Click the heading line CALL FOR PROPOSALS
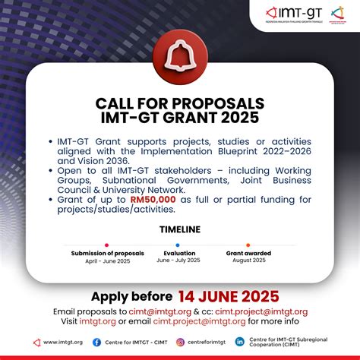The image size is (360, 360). point(180,103)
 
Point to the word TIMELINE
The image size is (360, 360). point(180,229)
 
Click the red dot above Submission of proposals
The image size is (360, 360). point(106,245)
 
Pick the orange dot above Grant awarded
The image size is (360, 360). point(248,245)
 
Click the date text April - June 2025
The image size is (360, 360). point(106,261)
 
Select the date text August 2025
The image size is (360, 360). point(248,261)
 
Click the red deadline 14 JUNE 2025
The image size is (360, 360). point(229,296)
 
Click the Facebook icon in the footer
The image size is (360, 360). point(96,342)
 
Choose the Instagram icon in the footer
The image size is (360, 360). point(172,342)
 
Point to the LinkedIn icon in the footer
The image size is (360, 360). point(240,342)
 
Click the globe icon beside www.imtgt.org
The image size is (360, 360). point(36,342)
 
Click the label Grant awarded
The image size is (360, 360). point(248,253)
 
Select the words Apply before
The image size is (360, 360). point(131,296)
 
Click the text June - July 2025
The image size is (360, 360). point(179,261)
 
